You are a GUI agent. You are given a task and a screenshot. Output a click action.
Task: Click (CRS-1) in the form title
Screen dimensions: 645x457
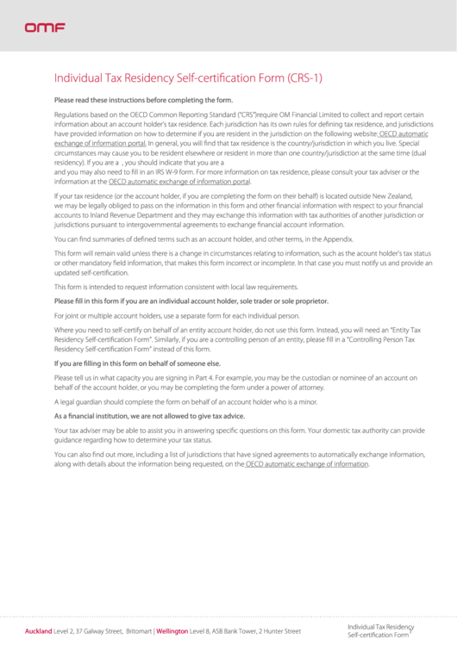click(305, 78)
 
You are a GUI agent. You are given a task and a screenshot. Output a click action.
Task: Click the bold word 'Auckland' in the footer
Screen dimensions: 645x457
click(39, 631)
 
